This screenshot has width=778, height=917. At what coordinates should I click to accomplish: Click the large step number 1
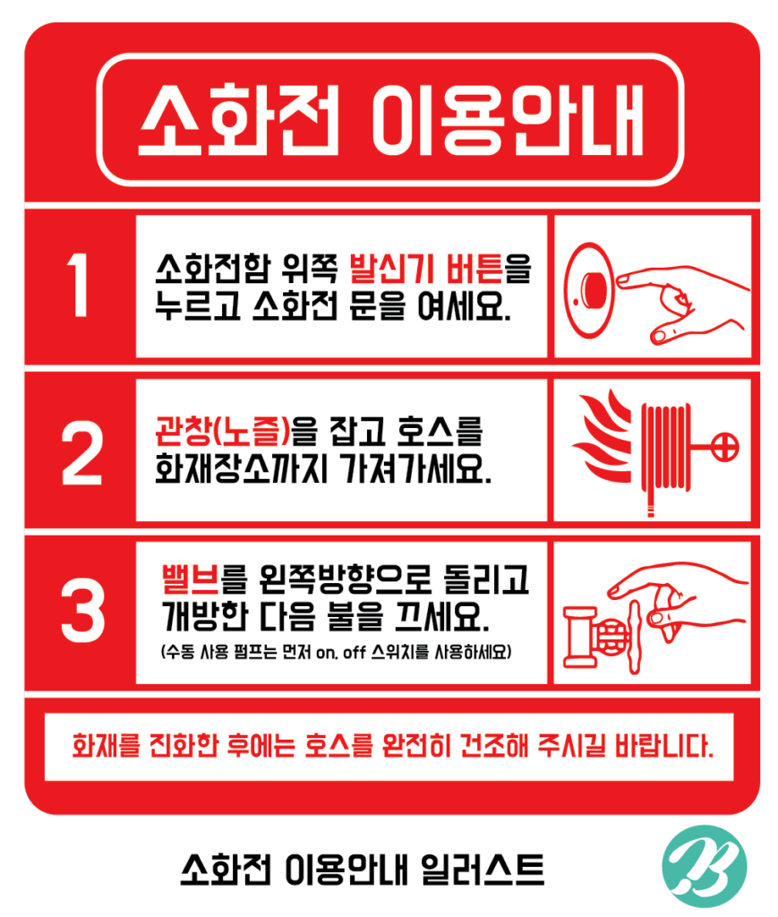[x=77, y=285]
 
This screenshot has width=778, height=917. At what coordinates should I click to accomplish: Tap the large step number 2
[x=81, y=452]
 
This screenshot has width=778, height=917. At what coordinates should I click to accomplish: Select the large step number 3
[x=82, y=610]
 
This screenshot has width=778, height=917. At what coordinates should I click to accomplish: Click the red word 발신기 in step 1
[x=391, y=269]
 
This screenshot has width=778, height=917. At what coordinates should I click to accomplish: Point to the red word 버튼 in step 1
[x=474, y=269]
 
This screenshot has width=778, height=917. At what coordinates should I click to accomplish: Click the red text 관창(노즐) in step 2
[x=222, y=431]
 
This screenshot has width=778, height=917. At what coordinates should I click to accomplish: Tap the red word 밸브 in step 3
[x=190, y=579]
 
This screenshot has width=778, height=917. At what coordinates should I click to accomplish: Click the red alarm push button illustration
[x=590, y=290]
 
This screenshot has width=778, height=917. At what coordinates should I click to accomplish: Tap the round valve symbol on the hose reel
[x=725, y=448]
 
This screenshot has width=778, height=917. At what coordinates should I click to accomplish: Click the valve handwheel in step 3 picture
[x=635, y=637]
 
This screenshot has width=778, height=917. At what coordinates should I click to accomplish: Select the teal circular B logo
[x=705, y=866]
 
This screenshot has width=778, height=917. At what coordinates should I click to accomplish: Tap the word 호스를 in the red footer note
[x=338, y=746]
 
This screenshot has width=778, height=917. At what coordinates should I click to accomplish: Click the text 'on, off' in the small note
[x=341, y=652]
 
